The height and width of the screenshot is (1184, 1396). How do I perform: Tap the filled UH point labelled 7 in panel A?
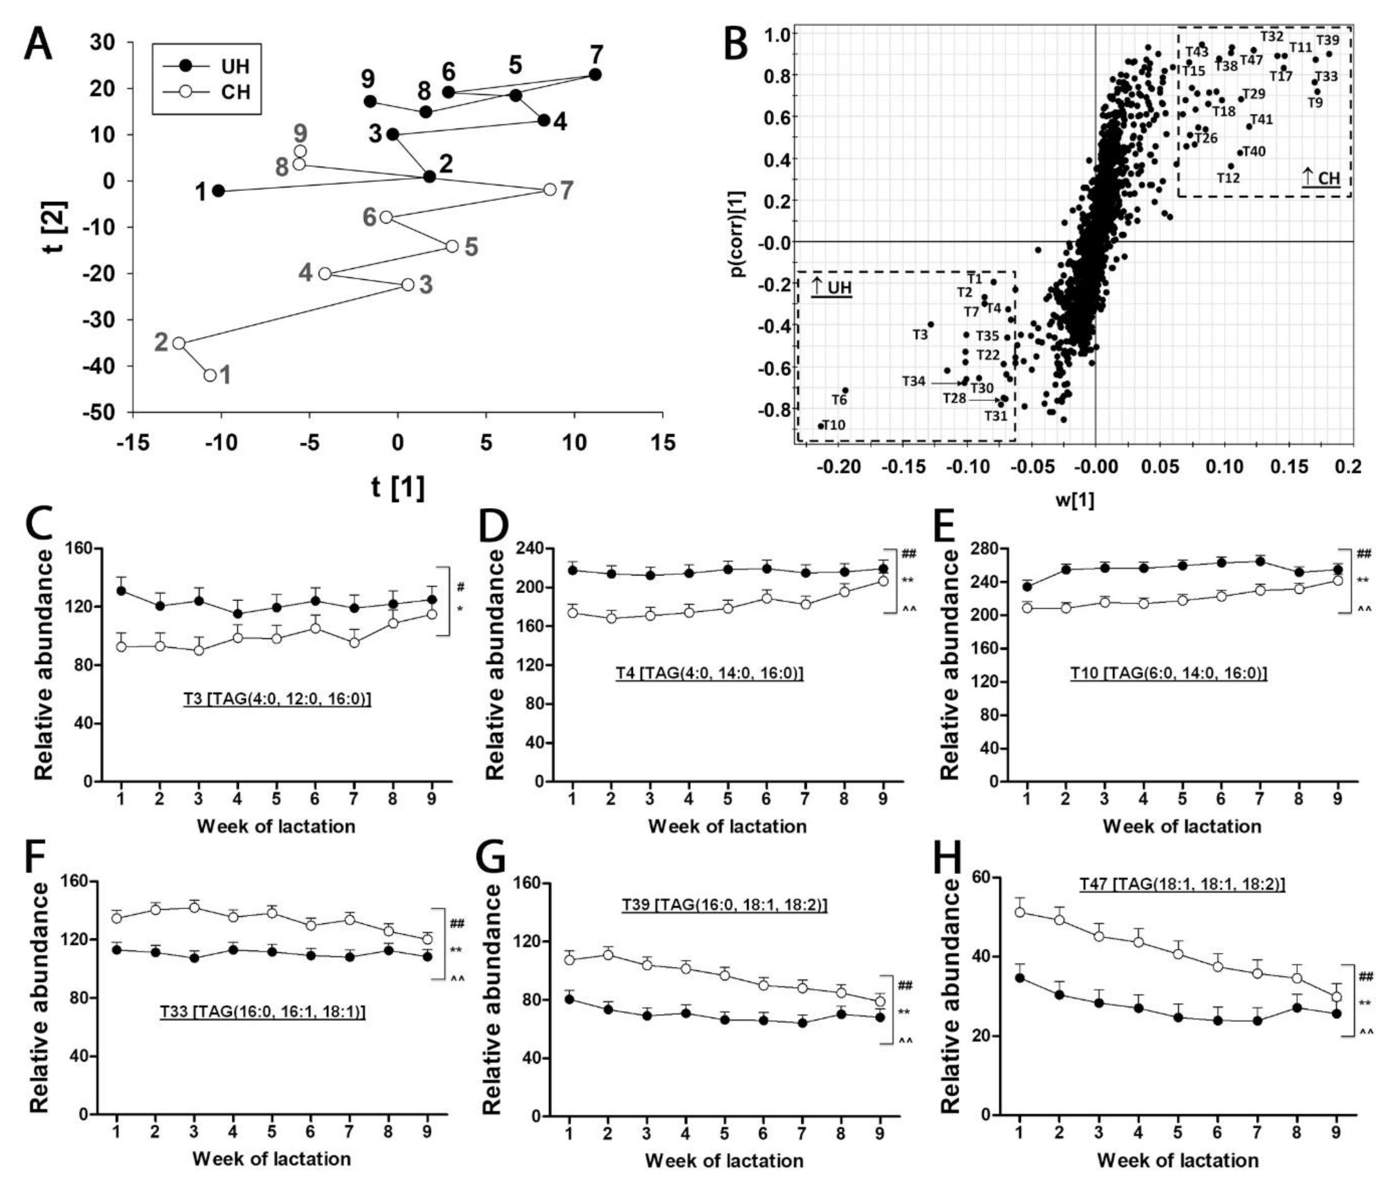coord(595,74)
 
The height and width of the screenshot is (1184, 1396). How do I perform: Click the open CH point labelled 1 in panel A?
coord(210,375)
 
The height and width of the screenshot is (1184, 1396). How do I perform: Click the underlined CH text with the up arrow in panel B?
coord(1320,178)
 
